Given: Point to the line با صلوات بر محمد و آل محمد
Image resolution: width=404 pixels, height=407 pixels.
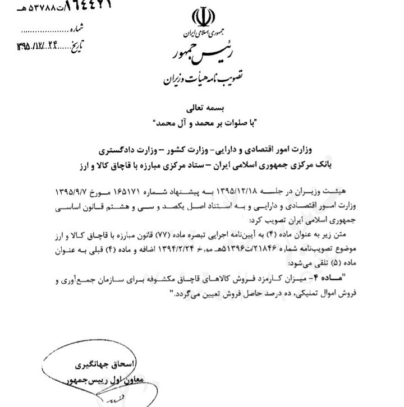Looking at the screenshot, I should click(x=202, y=122).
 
